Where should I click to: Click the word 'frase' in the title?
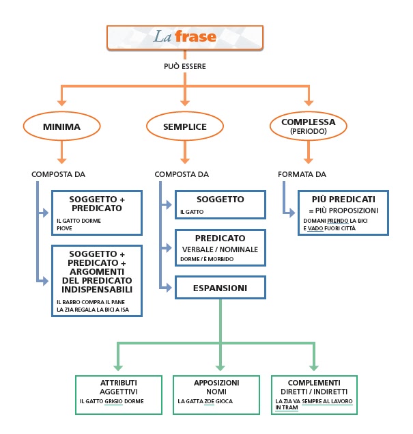(196, 37)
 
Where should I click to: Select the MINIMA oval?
(61, 126)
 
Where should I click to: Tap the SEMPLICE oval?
(184, 126)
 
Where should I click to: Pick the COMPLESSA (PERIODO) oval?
(309, 126)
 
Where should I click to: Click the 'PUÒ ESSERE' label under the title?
(184, 66)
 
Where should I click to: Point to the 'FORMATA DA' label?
(302, 174)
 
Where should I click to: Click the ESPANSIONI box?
(220, 288)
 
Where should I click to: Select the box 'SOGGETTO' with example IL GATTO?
(220, 204)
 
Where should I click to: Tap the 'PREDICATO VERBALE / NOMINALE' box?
(220, 248)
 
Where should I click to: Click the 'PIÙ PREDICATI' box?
(343, 213)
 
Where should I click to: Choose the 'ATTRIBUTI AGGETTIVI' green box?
(119, 394)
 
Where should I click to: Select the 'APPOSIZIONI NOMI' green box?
(216, 394)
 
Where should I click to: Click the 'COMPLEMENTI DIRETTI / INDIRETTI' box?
(315, 394)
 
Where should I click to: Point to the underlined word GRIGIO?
(114, 402)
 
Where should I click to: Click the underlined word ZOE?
(208, 402)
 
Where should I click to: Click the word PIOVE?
(65, 228)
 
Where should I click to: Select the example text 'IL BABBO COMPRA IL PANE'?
(87, 301)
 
